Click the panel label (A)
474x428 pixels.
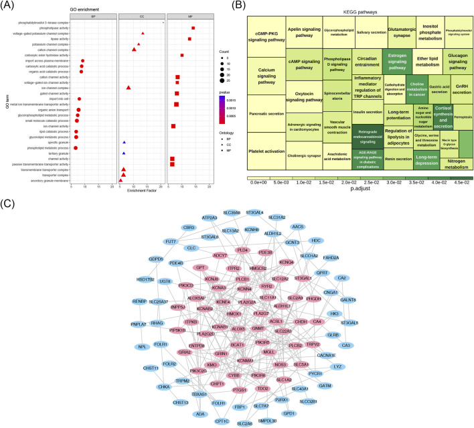(x=9, y=6)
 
